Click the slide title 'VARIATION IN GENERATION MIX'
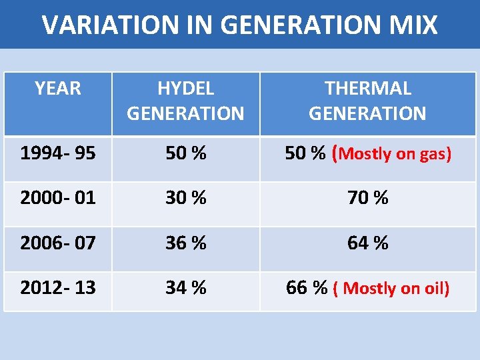(x=239, y=25)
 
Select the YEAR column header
(x=58, y=89)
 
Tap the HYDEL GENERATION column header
(x=185, y=101)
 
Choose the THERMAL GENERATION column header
(x=367, y=101)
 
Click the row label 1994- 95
(x=58, y=154)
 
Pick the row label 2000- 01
(x=58, y=198)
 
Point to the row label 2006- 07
(x=58, y=243)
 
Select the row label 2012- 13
(x=58, y=288)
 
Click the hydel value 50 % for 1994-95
(x=185, y=154)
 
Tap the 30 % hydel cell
(x=185, y=198)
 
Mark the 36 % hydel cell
(x=185, y=243)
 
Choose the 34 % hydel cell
(x=185, y=288)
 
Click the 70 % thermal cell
(x=367, y=198)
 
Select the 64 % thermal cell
(x=367, y=243)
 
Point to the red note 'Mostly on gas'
(x=395, y=155)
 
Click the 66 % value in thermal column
(x=306, y=288)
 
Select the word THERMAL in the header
(x=367, y=89)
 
